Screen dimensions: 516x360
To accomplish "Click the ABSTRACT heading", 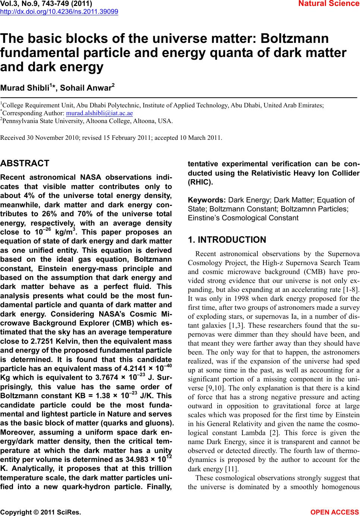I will pos(25,163).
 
